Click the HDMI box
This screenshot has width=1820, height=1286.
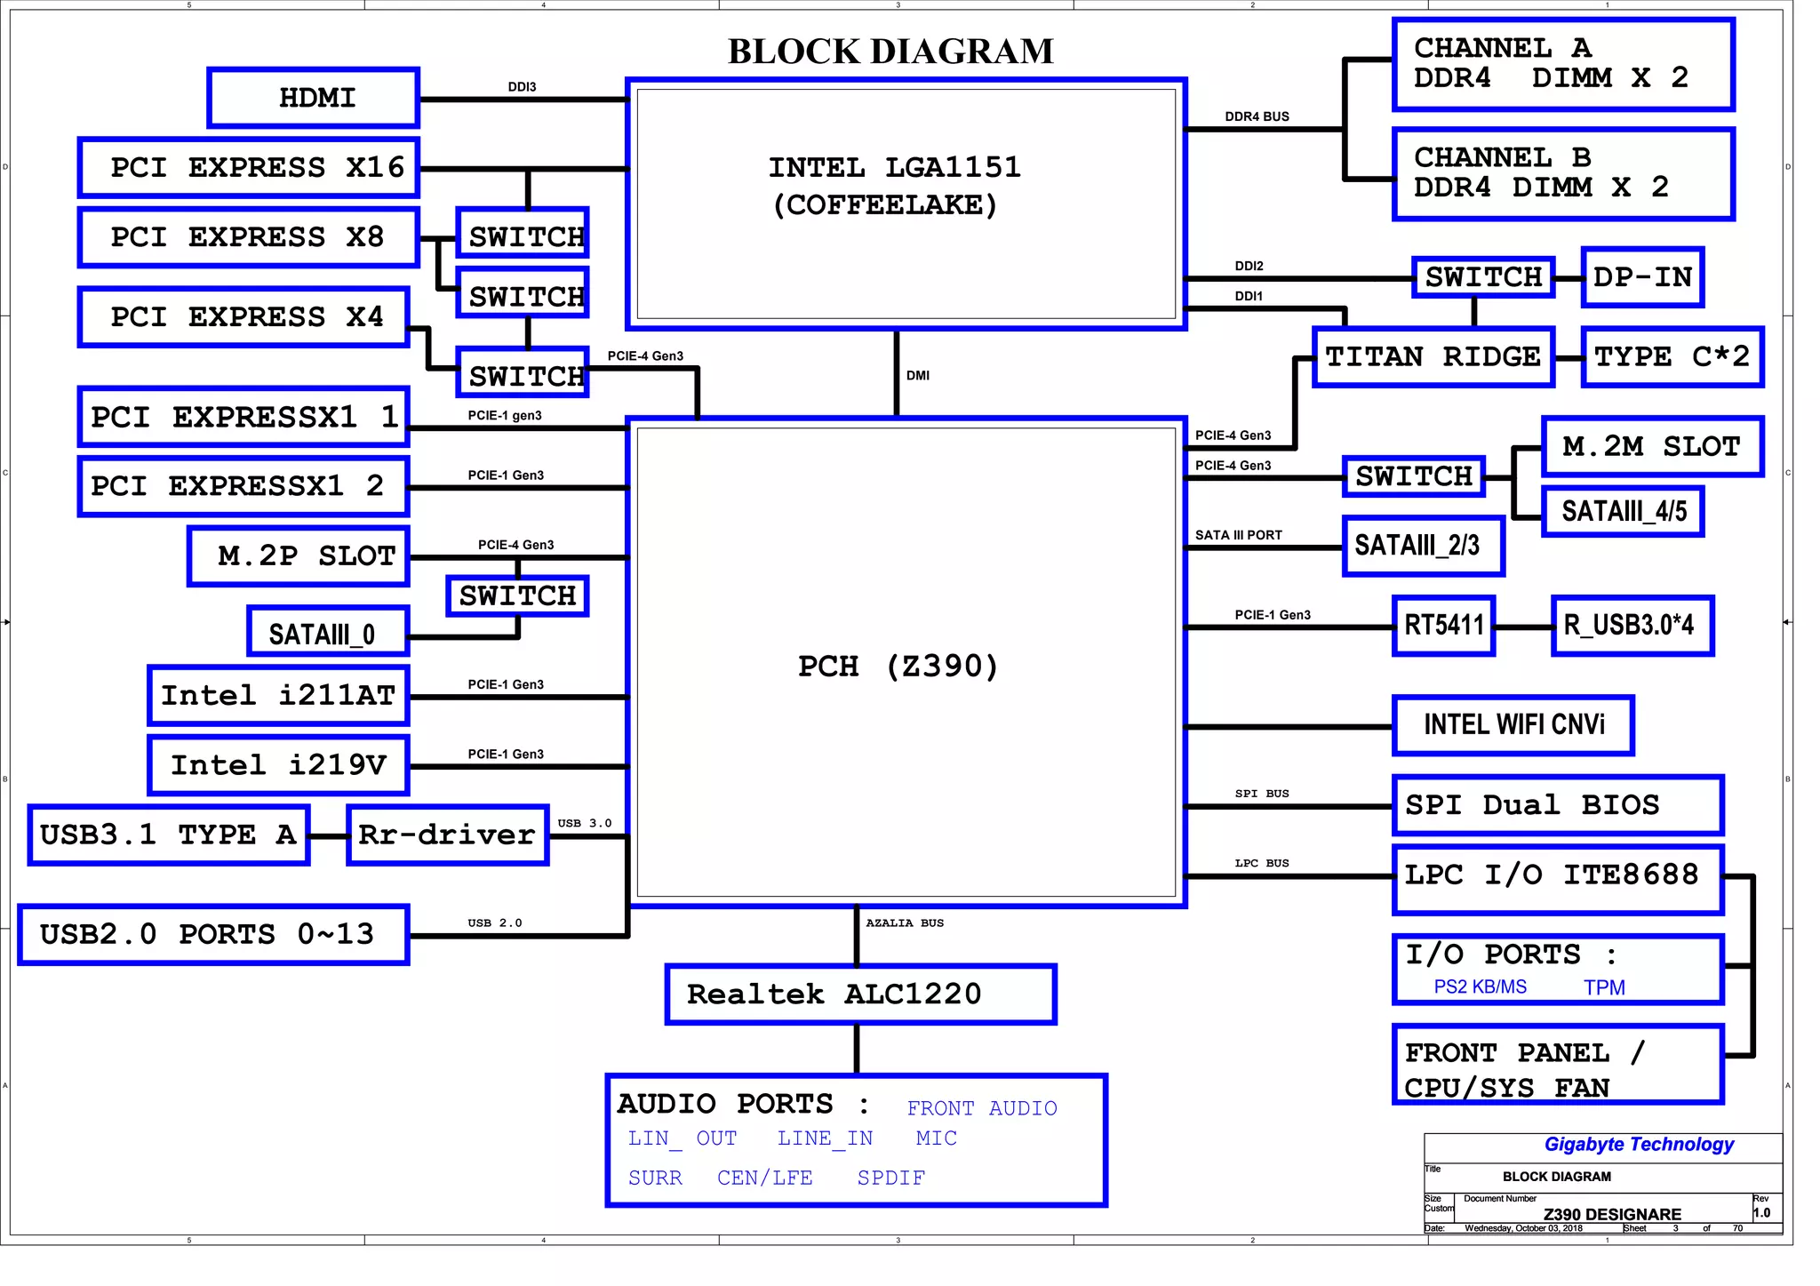tap(314, 98)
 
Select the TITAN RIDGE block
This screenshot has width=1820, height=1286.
tap(1433, 357)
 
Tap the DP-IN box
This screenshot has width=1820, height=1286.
tap(1642, 277)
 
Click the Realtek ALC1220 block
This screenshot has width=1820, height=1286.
tap(859, 994)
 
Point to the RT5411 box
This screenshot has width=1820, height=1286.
tap(1443, 626)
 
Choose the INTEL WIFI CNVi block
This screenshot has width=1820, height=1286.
tap(1513, 725)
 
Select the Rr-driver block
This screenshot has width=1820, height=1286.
tap(447, 835)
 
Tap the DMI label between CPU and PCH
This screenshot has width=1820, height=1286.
tap(918, 376)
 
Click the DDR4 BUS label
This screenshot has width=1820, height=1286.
tap(1257, 116)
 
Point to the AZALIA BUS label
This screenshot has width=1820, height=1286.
tap(905, 923)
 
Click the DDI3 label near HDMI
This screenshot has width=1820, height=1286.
tap(522, 87)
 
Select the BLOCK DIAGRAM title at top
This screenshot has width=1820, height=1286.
tap(890, 52)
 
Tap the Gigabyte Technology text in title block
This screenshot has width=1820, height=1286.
tap(1639, 1145)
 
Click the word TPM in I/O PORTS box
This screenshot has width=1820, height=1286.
tap(1604, 987)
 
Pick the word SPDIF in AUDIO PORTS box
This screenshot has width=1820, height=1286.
tap(890, 1178)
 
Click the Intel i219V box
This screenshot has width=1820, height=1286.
tap(278, 765)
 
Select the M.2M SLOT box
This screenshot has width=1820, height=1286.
tap(1651, 446)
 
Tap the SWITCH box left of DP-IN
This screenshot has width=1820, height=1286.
tap(1483, 277)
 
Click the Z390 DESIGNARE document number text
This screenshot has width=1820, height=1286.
tap(1612, 1214)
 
